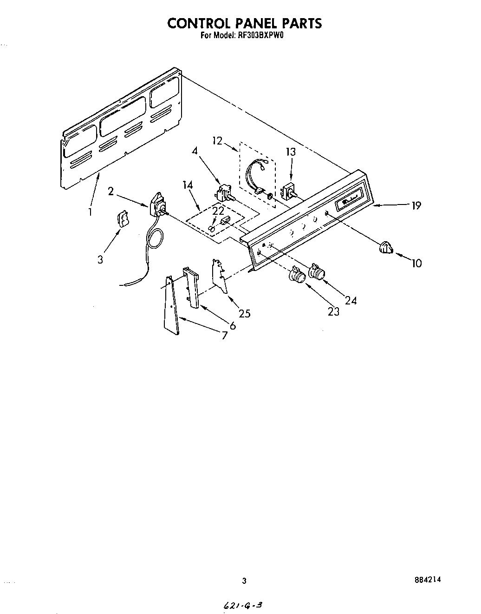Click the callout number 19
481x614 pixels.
click(x=416, y=205)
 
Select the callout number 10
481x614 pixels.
click(x=416, y=263)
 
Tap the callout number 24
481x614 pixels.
click(x=351, y=300)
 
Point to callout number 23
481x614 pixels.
click(x=333, y=311)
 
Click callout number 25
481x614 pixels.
click(x=244, y=313)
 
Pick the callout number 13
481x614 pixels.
click(x=291, y=152)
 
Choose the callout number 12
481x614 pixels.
click(x=218, y=140)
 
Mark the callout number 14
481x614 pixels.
click(x=188, y=185)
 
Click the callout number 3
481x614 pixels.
click(x=101, y=259)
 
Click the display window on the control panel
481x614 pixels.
click(x=352, y=199)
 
